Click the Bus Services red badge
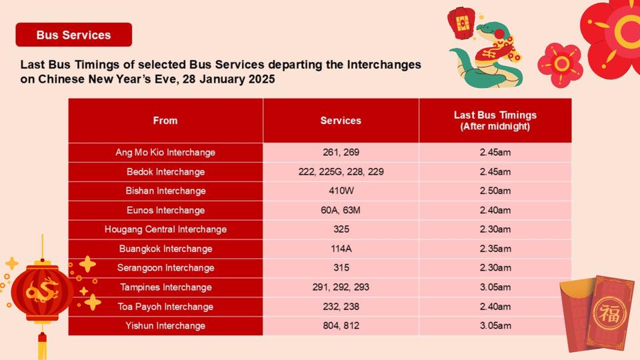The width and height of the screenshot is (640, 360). tap(74, 35)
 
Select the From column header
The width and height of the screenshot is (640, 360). tap(165, 121)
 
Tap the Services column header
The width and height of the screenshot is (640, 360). tap(341, 121)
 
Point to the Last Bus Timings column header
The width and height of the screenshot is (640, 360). tap(495, 121)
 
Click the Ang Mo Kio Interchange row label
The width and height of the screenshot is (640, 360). tap(165, 152)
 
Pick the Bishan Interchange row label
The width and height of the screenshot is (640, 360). tap(166, 191)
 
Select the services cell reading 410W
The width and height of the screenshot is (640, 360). tap(341, 191)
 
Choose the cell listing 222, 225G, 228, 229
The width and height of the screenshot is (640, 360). tap(341, 172)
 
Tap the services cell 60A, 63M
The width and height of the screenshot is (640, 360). tap(341, 210)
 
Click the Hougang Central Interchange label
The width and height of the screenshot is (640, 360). tap(166, 229)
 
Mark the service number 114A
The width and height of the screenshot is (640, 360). tap(341, 249)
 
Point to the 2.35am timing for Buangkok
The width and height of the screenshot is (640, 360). tap(495, 249)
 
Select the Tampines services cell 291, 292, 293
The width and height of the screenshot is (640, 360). tap(341, 287)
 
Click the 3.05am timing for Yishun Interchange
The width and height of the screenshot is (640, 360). tap(495, 326)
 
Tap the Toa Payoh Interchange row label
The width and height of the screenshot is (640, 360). tap(166, 307)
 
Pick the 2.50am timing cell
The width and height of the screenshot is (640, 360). tap(495, 191)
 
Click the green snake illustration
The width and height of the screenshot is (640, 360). tap(486, 55)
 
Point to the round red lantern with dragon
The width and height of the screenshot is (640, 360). tap(42, 291)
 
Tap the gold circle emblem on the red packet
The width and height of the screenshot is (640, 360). tap(609, 313)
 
